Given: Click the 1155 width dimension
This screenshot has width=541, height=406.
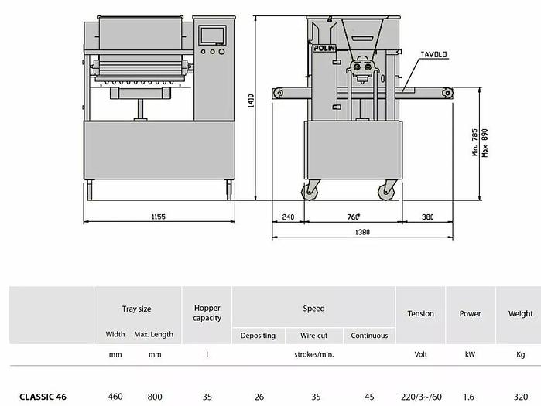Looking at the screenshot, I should (x=159, y=217).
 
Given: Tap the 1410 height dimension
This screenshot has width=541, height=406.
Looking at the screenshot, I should (x=251, y=101).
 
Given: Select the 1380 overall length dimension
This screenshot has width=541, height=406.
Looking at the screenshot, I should (x=362, y=232).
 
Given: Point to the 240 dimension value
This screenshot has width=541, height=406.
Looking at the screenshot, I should (x=289, y=217).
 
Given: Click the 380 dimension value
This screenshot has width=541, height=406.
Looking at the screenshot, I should (x=427, y=217).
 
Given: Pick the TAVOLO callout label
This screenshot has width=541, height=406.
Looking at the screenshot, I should (x=435, y=55).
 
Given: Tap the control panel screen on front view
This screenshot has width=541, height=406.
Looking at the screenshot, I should (x=210, y=34).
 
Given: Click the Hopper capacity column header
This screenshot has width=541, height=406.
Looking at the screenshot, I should (x=207, y=313).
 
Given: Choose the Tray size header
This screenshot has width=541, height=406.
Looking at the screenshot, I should (x=137, y=309).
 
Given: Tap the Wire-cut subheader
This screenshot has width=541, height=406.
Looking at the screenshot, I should (x=315, y=336).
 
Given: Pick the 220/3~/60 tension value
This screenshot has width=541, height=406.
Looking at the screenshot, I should (x=421, y=397).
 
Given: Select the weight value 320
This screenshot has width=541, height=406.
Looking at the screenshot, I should (x=520, y=397).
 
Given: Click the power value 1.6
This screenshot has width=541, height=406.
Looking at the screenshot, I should (x=470, y=397).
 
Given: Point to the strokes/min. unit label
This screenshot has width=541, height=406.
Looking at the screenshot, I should (x=313, y=355).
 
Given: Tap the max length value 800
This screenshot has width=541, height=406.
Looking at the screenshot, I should (x=155, y=397).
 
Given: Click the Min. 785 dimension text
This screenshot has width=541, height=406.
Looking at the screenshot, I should (x=474, y=142).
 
